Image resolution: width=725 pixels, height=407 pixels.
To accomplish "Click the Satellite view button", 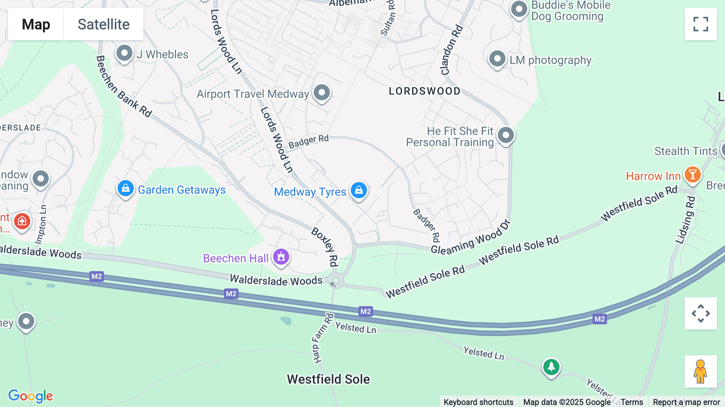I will pos(104,24).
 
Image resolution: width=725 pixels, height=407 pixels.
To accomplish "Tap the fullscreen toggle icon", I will pos(700,24).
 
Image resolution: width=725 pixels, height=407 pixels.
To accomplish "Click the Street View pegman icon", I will pos(700,372).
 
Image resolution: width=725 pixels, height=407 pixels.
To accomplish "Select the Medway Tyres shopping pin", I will pos(358,190).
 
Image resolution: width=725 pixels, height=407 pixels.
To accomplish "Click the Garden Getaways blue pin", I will pos(126,188).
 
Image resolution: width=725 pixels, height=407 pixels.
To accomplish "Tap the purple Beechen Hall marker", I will pos(281,257).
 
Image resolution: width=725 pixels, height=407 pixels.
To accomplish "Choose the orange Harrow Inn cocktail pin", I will pos(692,174).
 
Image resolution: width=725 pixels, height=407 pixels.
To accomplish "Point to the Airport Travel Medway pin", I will pos(322,92).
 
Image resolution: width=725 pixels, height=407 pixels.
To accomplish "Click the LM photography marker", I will pos(497,59).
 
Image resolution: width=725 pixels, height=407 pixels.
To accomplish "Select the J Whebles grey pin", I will pos(124,53).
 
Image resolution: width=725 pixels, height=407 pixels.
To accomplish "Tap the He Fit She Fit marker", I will pos(506,135).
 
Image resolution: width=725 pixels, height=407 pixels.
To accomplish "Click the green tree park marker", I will pos(551,367).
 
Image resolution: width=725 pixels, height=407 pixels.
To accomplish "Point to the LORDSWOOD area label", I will pos(425,91).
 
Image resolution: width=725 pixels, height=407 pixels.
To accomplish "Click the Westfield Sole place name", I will pos(328,379).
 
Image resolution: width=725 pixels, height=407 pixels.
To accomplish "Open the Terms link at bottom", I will pos(632,402).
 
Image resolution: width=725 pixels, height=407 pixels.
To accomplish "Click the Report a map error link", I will pos(686,402).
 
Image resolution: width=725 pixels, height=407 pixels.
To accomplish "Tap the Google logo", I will pos(31,396).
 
